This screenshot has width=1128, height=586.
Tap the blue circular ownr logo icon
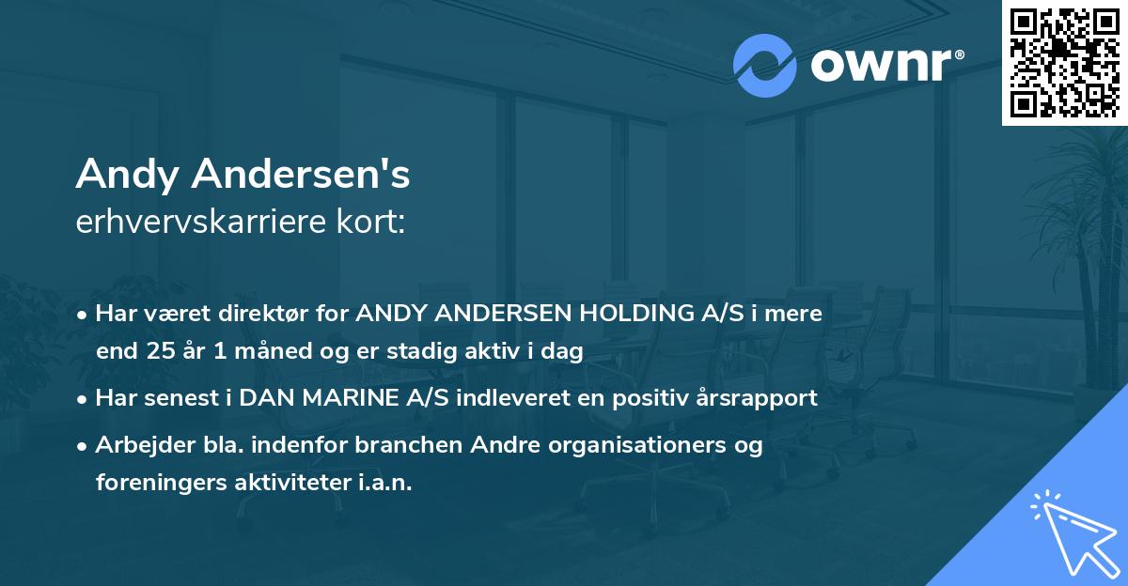click(x=765, y=64)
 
